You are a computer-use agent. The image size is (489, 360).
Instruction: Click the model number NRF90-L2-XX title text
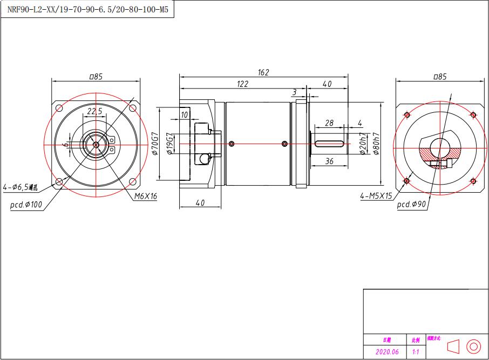[88, 9]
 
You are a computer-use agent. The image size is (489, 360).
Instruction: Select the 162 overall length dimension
[263, 72]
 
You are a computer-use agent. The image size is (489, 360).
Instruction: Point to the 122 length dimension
[242, 84]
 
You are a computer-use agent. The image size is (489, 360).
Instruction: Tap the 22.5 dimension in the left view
[95, 111]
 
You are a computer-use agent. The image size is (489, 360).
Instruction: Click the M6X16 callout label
[146, 196]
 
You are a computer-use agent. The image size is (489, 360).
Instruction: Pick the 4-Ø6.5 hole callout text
[21, 188]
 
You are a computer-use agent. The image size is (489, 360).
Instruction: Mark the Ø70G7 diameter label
[154, 144]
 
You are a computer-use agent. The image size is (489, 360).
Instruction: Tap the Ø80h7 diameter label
[376, 144]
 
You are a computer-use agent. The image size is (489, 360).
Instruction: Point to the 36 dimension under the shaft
[329, 161]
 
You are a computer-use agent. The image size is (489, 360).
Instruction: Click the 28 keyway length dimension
[329, 123]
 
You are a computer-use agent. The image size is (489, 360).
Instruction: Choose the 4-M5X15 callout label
[376, 196]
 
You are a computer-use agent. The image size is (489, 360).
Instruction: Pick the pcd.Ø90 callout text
[412, 205]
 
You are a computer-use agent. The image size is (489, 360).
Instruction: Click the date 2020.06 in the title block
[387, 352]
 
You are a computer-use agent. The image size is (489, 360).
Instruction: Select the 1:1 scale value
[416, 352]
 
